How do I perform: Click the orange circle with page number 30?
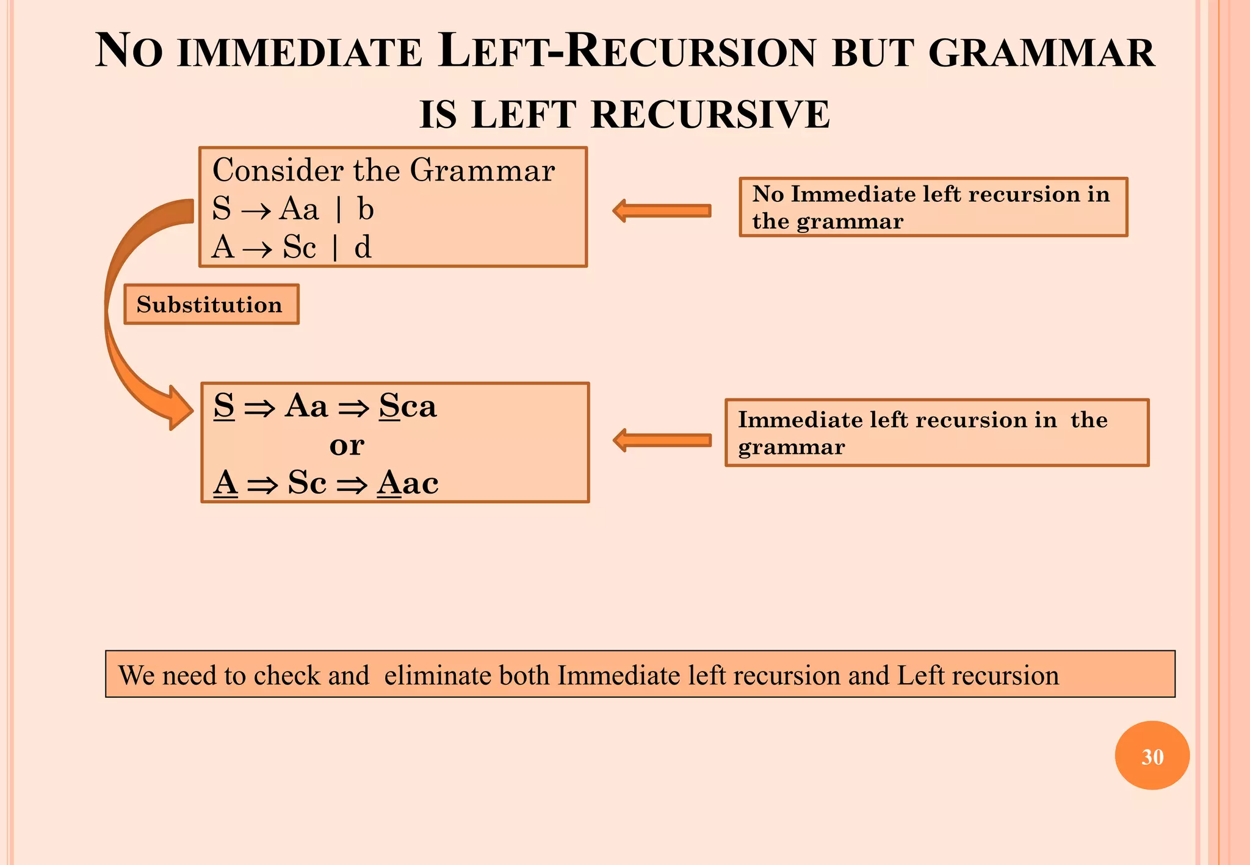tap(1152, 756)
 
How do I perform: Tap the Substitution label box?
tap(211, 304)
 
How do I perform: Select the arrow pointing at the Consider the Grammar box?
tap(662, 210)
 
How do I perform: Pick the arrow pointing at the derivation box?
tap(662, 440)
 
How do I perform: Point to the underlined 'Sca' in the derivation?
tap(408, 406)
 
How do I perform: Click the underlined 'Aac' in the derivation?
tap(408, 483)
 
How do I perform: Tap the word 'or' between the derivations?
tap(347, 445)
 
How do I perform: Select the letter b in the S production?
tap(365, 210)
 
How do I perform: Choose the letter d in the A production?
tap(363, 248)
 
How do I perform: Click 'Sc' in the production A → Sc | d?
tap(299, 248)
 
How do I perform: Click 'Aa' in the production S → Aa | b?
tap(299, 210)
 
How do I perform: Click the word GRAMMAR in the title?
tap(1041, 53)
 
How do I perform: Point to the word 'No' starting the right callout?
tap(768, 194)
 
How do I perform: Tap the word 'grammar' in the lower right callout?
tap(791, 448)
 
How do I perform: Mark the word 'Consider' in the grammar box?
tap(277, 170)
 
